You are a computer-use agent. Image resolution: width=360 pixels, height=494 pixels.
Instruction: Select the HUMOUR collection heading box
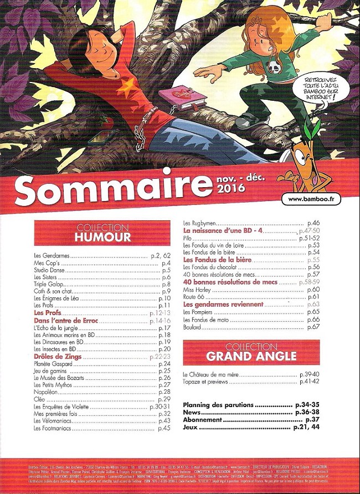103,233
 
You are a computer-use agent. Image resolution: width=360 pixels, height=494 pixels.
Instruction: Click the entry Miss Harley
198,290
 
